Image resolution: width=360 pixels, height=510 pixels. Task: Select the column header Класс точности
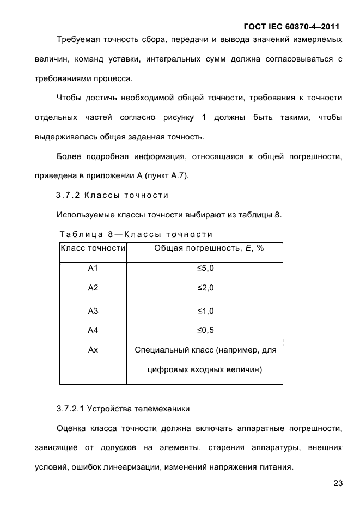point(93,248)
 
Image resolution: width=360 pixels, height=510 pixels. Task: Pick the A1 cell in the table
point(93,269)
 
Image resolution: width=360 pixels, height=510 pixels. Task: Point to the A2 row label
point(93,288)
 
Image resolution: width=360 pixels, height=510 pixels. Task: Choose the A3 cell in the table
point(93,311)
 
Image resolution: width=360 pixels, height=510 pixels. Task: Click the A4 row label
point(93,330)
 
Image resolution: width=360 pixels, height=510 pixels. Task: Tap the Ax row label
point(93,350)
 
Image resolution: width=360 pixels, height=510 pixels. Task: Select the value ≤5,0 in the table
point(205,269)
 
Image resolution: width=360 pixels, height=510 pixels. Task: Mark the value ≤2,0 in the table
point(205,288)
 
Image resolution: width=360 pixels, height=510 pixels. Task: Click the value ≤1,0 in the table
point(205,311)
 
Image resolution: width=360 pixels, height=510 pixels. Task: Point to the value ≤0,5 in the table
point(205,330)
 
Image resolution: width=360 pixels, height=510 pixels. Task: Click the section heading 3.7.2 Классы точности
point(112,195)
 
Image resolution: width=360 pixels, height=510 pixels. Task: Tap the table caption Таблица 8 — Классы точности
point(136,234)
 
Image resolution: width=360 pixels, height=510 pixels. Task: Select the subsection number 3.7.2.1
point(71,409)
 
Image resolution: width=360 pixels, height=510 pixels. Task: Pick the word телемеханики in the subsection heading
point(163,409)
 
